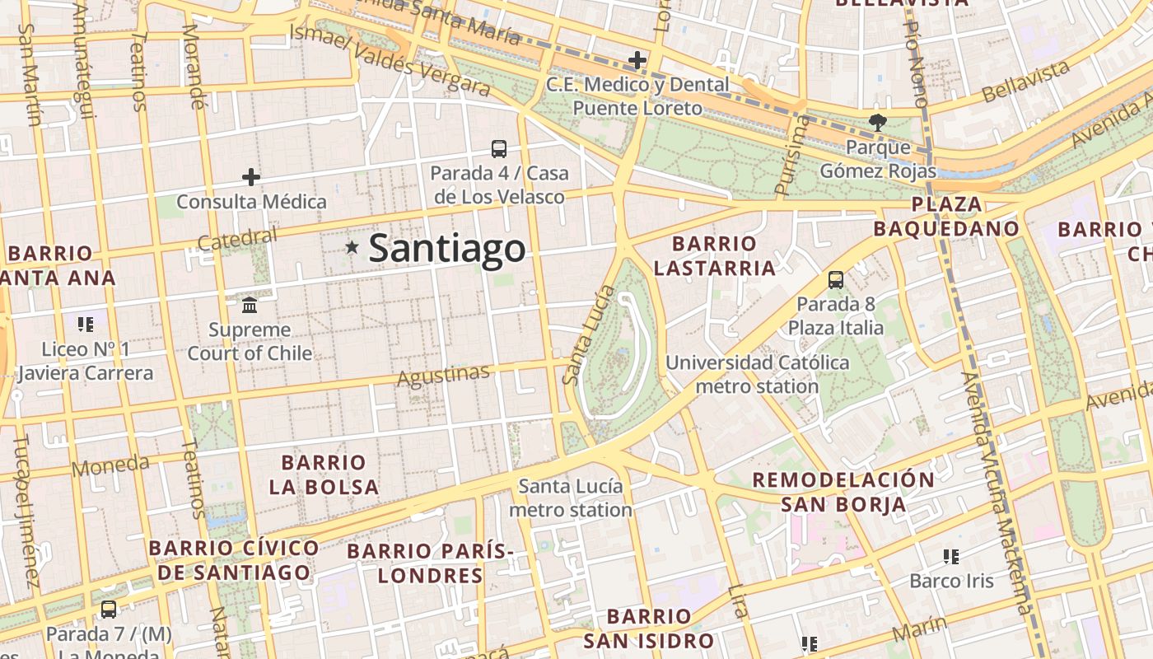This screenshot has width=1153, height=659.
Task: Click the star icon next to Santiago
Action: tap(352, 247)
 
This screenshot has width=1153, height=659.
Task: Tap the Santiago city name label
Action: tap(446, 249)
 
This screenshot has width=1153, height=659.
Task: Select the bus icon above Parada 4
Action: tap(499, 149)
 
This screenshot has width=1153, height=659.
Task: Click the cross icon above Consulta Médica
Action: tap(251, 177)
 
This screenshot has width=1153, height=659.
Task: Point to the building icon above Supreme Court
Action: tap(250, 306)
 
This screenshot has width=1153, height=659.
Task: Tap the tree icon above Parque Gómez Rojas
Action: tap(877, 123)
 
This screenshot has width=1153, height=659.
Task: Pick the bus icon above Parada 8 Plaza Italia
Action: tap(836, 280)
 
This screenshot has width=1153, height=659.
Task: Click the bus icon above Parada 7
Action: tap(109, 610)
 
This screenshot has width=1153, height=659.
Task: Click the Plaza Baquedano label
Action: tap(947, 217)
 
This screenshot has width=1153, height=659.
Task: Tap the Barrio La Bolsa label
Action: tap(324, 474)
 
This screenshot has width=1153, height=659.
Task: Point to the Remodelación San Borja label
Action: tap(843, 492)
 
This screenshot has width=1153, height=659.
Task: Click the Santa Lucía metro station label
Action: tap(571, 498)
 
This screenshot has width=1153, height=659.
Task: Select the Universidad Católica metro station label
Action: tap(757, 374)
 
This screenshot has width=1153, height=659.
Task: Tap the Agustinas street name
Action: tap(443, 376)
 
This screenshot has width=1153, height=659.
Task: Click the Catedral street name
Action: tap(238, 240)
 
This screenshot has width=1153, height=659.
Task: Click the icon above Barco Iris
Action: tap(951, 557)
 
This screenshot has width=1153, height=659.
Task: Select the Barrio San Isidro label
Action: tap(649, 629)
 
